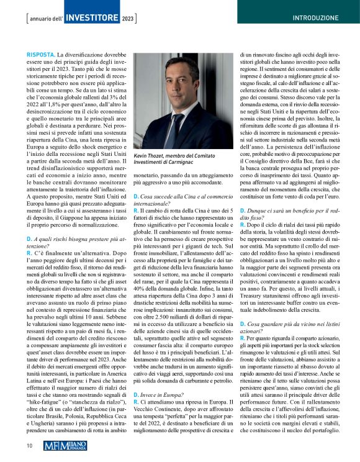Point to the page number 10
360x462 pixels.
click(29, 445)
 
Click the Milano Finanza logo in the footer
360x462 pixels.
click(70, 445)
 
